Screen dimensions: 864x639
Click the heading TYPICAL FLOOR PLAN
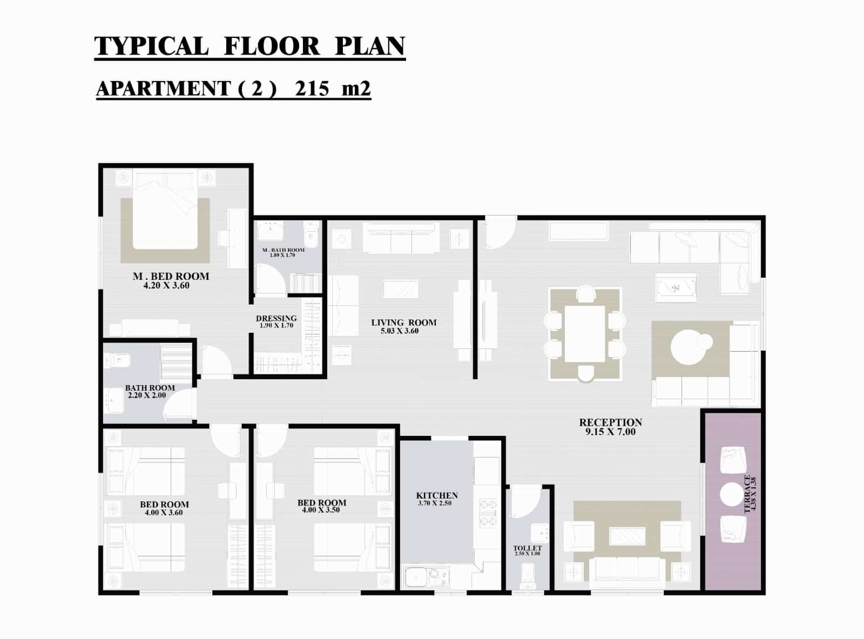click(x=249, y=46)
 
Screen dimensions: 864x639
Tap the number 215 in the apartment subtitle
click(x=312, y=89)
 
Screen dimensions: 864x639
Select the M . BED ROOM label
click(x=171, y=276)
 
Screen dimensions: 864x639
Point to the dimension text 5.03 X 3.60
click(x=400, y=331)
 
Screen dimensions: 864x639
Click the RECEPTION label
click(x=610, y=422)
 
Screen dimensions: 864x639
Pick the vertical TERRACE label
click(x=747, y=494)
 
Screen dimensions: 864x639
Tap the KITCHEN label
click(x=437, y=496)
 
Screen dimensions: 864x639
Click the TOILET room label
click(x=527, y=548)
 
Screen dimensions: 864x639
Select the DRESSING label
click(x=276, y=318)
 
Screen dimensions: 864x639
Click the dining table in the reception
click(x=585, y=334)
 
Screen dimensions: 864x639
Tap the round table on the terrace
click(x=732, y=494)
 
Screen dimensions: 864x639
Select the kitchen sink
click(x=416, y=577)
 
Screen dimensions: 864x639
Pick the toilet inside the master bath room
click(x=310, y=232)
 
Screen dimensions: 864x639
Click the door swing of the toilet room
click(x=525, y=502)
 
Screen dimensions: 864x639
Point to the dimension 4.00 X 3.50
click(x=321, y=510)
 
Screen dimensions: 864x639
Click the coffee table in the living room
click(x=401, y=289)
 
